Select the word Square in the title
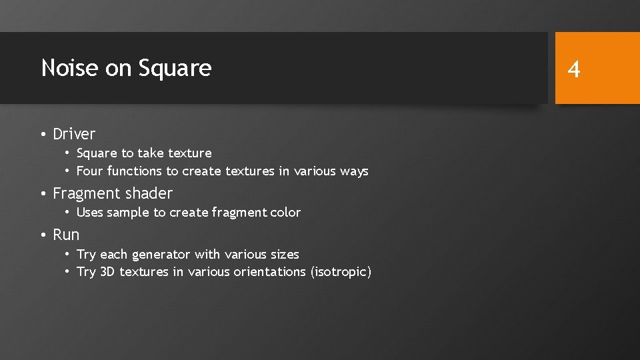click(175, 68)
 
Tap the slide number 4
click(574, 69)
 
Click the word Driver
click(74, 134)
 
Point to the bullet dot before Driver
click(42, 135)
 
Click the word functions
click(135, 171)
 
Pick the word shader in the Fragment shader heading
click(151, 194)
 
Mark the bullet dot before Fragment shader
click(42, 194)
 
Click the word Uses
click(90, 213)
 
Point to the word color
click(285, 213)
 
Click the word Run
click(66, 235)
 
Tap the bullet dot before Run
click(42, 235)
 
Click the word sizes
click(283, 255)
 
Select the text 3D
click(107, 272)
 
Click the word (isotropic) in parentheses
click(341, 272)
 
